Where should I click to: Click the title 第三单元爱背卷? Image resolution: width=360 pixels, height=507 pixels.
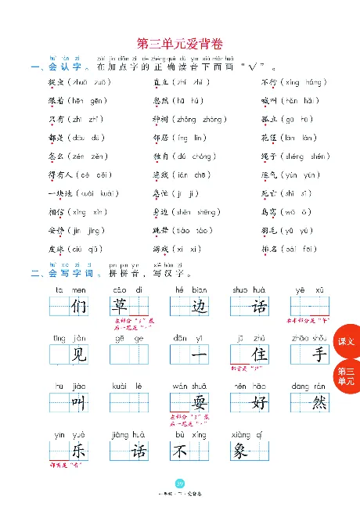[x=179, y=45]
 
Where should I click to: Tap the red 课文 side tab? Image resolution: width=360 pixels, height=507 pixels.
[x=346, y=342]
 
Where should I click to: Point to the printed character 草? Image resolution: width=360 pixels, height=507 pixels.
[x=121, y=306]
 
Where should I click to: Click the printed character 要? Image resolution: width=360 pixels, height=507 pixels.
[x=198, y=404]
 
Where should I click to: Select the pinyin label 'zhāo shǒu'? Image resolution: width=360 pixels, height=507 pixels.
[x=304, y=337]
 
